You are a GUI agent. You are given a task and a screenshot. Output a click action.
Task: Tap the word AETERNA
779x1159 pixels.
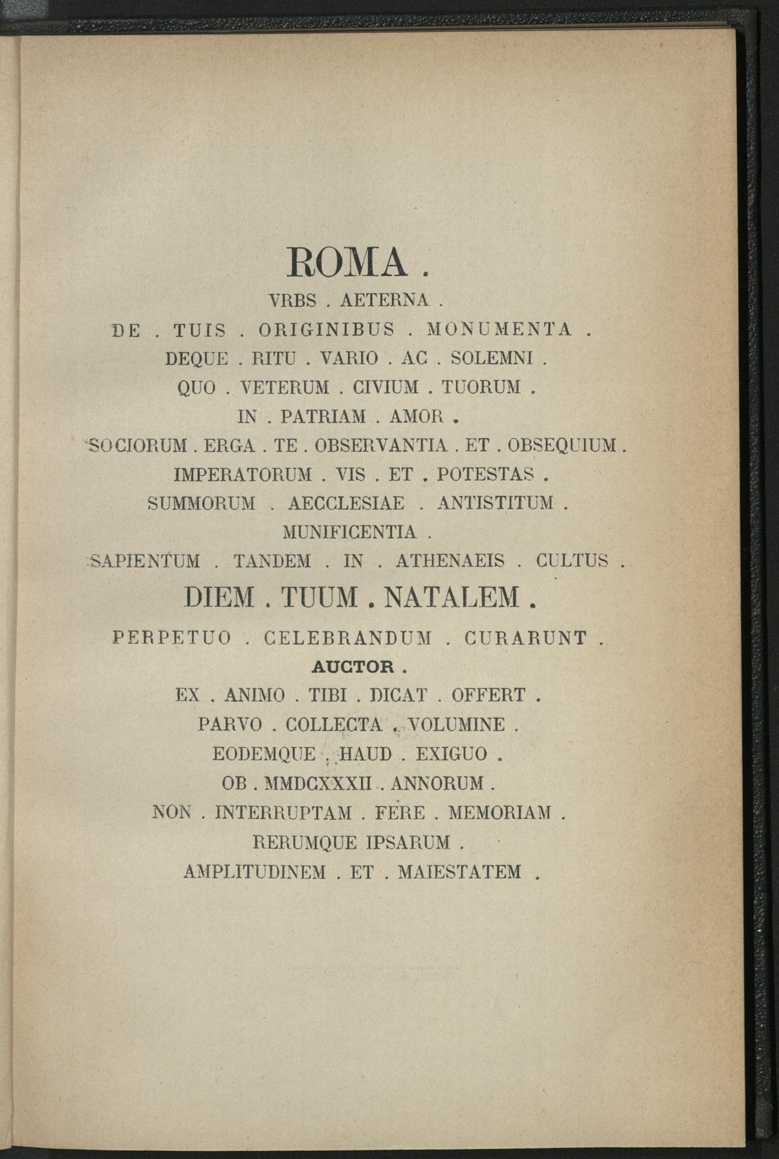click(384, 301)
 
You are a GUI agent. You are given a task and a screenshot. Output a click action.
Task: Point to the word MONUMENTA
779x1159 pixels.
click(499, 330)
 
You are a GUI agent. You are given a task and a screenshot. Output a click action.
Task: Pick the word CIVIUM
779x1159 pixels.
click(386, 387)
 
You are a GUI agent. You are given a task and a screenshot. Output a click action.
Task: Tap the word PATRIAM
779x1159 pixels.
click(323, 417)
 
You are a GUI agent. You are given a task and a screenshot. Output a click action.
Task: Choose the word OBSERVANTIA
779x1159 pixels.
click(381, 445)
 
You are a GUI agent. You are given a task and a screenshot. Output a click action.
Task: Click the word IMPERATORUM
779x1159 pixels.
click(243, 475)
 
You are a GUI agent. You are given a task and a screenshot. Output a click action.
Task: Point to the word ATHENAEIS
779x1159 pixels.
click(450, 561)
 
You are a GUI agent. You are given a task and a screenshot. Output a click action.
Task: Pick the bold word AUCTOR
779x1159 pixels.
click(353, 667)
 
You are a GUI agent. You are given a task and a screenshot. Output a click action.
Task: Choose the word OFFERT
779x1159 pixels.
click(488, 695)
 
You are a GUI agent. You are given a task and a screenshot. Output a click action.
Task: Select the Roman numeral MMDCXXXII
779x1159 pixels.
click(319, 784)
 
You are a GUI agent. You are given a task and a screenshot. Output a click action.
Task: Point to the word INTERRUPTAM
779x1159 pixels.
click(283, 813)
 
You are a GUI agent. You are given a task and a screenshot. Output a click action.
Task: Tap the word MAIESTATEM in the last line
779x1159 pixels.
click(460, 871)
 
